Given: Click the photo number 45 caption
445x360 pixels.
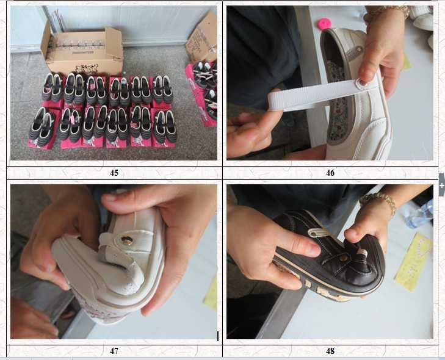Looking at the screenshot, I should coord(114,173).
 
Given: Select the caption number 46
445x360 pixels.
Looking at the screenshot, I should coord(330,173).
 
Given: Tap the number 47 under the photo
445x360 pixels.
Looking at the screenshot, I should coord(114,351).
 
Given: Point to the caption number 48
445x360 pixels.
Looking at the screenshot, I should coord(330,351).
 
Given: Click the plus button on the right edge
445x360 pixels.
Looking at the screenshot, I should coord(441,185).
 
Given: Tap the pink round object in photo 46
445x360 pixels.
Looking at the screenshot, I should coord(324,23).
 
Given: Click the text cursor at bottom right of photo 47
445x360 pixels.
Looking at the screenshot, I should coord(217,335).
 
